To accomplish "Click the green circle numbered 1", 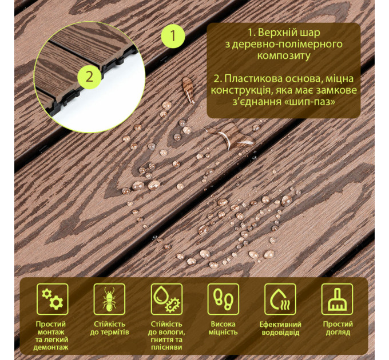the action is coord(173,36).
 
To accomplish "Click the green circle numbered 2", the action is coord(89,77).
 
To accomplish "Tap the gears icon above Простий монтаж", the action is coord(53,299).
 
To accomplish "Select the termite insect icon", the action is coord(109,299).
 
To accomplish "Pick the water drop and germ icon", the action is coord(166,299).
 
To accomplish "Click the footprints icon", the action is coord(223,299).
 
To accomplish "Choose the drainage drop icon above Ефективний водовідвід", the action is coord(280,299).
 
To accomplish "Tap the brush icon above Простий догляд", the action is coord(337,299).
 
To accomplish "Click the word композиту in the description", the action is coord(284,56).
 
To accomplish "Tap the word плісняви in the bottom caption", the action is coord(166,347).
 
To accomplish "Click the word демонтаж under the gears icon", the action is coord(51,347).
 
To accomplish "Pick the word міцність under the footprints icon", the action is coord(223,332).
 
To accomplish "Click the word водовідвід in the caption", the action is coord(280,332).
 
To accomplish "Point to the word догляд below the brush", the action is coord(338,332).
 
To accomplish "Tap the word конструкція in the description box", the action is coord(240,90).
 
